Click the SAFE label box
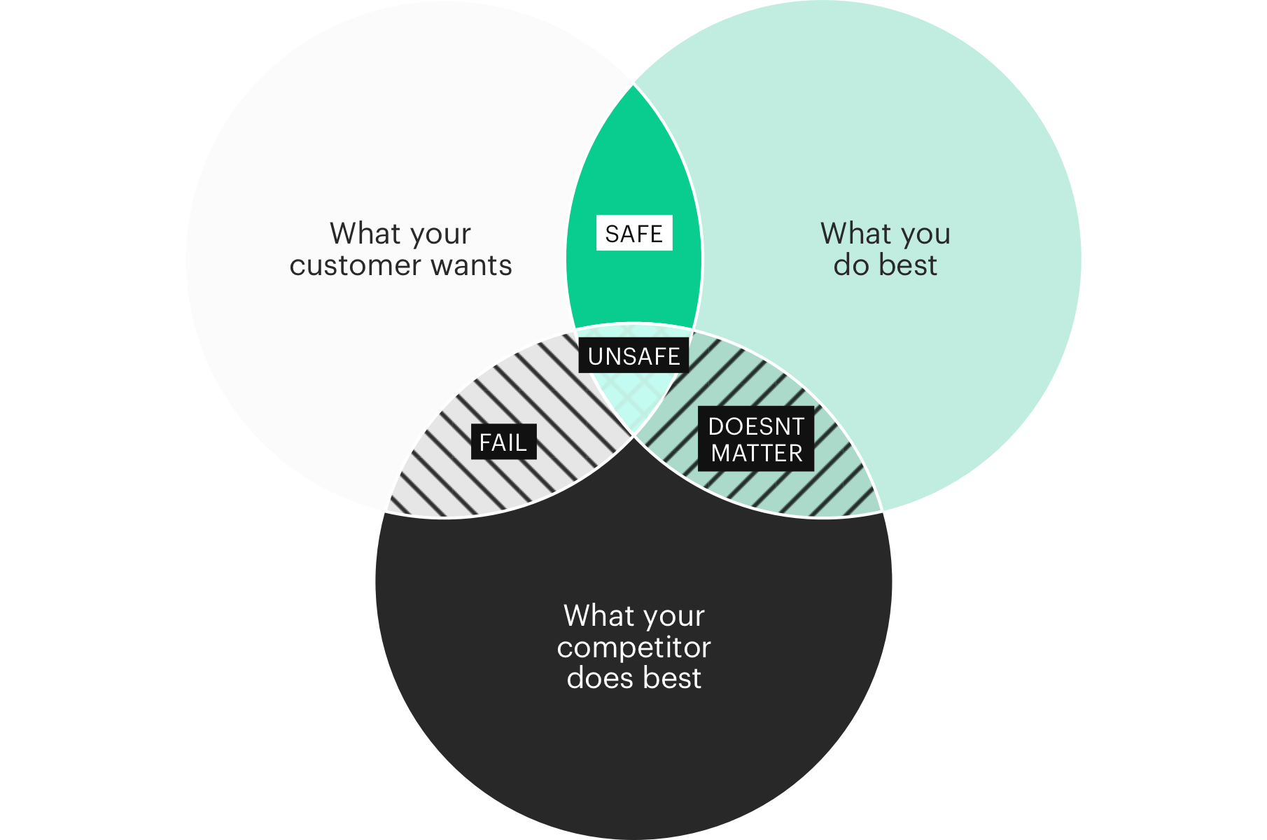pyautogui.click(x=634, y=233)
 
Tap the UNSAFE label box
pyautogui.click(x=634, y=356)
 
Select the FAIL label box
pyautogui.click(x=503, y=442)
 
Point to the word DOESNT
pyautogui.click(x=756, y=426)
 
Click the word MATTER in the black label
pyautogui.click(x=757, y=454)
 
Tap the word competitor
pyautogui.click(x=633, y=647)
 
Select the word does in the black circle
pyautogui.click(x=600, y=678)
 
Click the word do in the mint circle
pyautogui.click(x=850, y=265)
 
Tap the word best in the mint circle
pyautogui.click(x=908, y=265)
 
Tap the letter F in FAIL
pyautogui.click(x=485, y=442)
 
